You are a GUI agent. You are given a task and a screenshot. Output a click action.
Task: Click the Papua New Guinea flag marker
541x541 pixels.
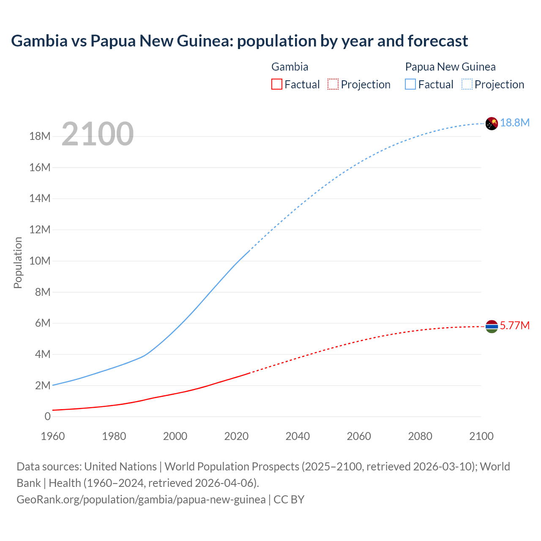click(x=492, y=123)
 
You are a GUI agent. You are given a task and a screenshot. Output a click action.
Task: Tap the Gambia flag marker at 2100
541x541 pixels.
click(x=492, y=326)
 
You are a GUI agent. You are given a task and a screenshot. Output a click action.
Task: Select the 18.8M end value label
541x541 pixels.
click(x=515, y=123)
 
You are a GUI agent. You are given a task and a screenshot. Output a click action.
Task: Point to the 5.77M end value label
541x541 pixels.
click(x=514, y=325)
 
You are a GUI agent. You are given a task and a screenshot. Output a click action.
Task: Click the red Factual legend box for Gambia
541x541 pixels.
click(x=276, y=84)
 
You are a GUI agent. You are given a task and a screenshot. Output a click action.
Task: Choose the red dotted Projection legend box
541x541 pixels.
click(x=333, y=84)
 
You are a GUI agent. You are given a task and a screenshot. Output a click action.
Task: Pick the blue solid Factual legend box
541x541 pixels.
click(x=410, y=84)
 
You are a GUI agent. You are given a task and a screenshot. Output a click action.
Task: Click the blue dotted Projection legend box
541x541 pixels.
click(x=467, y=84)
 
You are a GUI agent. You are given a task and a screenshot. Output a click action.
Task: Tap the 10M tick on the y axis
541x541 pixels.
click(x=40, y=261)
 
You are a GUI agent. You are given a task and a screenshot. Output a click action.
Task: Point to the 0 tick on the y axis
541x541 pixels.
click(x=47, y=416)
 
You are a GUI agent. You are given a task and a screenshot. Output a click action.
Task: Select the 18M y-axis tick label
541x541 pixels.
click(x=40, y=136)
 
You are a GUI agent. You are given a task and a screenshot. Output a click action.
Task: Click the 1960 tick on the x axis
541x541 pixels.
click(x=53, y=436)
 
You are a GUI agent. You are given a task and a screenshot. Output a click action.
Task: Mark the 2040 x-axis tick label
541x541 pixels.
click(x=298, y=436)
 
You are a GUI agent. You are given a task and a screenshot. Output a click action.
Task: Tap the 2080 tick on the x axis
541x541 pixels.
click(x=420, y=436)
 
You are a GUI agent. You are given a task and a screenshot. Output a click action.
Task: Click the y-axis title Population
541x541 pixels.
click(x=18, y=262)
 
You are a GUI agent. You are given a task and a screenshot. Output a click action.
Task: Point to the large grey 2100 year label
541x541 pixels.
click(x=98, y=134)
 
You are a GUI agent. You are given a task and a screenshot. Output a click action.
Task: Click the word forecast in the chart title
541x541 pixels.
click(x=437, y=41)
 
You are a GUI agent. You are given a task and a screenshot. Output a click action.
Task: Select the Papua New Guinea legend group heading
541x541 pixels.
click(x=450, y=67)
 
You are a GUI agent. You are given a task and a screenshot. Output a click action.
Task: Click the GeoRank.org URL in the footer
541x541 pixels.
click(x=141, y=500)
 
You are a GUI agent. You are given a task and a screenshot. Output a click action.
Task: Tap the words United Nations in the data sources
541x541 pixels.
click(x=120, y=467)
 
